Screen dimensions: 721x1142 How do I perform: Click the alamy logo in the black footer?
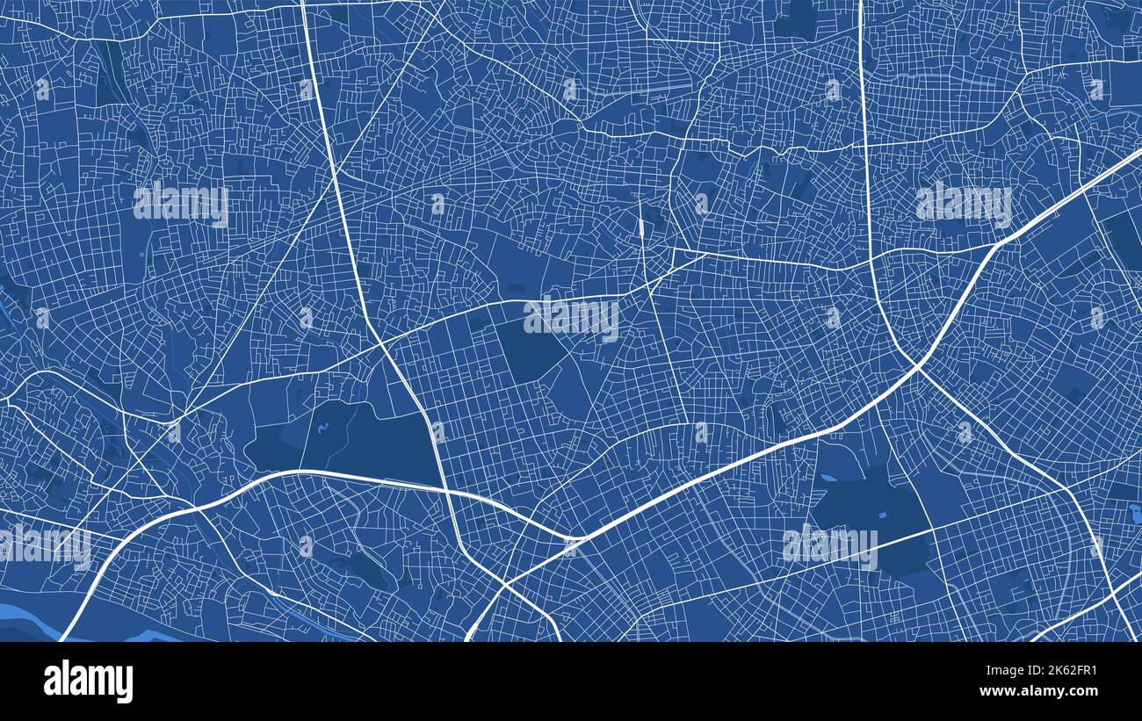88,681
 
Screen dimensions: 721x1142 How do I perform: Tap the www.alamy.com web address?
1044,692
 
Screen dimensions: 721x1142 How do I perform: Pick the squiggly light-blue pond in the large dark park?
322,429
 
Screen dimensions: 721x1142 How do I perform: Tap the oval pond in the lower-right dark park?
828,479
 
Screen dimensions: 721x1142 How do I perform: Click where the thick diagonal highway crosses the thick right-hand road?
917,364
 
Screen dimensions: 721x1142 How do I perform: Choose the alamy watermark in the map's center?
571,318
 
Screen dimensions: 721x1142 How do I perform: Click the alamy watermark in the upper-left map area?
181,203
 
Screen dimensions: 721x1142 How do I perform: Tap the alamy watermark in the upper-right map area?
963,203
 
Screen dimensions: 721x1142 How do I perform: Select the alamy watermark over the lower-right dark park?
828,544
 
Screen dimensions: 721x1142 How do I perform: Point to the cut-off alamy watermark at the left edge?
44,545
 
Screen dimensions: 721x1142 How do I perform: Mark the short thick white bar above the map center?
641,230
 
